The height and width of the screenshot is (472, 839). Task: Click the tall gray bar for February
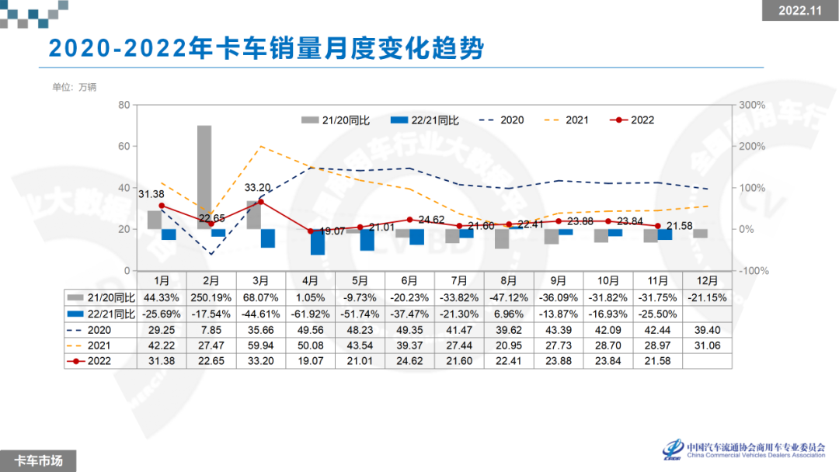pyautogui.click(x=204, y=177)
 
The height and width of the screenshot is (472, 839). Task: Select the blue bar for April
pyautogui.click(x=318, y=241)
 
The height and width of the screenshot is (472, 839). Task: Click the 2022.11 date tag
pyautogui.click(x=799, y=11)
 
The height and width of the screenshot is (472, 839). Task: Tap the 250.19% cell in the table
pyautogui.click(x=211, y=297)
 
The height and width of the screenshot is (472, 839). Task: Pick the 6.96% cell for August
pyautogui.click(x=509, y=314)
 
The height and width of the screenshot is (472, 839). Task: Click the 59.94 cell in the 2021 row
pyautogui.click(x=260, y=344)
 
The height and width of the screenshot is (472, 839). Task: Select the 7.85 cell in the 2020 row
pyautogui.click(x=211, y=329)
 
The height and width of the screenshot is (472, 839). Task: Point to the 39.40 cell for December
pyautogui.click(x=708, y=329)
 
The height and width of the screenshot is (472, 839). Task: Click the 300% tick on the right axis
pyautogui.click(x=751, y=104)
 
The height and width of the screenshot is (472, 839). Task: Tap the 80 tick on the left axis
pyautogui.click(x=124, y=104)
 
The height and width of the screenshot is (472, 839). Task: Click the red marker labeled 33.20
pyautogui.click(x=261, y=202)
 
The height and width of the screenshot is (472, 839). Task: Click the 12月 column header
pyautogui.click(x=708, y=279)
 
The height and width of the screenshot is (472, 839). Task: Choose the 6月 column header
pyautogui.click(x=409, y=279)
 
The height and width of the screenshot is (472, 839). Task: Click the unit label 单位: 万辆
pyautogui.click(x=75, y=87)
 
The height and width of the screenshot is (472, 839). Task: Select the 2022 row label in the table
pyautogui.click(x=100, y=359)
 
